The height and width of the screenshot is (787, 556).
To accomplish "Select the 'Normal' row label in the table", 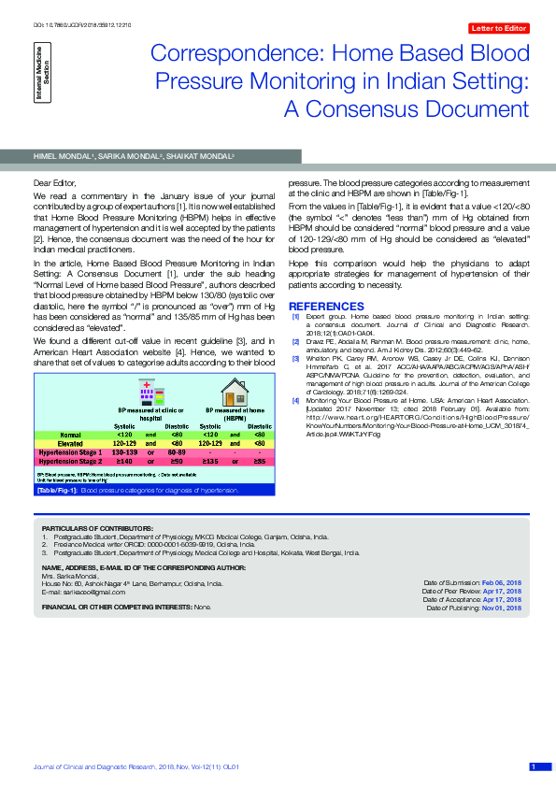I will [x=71, y=435].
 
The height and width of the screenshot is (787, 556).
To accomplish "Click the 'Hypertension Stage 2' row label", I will [x=71, y=461].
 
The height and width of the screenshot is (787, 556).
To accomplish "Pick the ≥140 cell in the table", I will [x=123, y=461].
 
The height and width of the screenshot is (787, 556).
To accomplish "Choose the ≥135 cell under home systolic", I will [x=210, y=461].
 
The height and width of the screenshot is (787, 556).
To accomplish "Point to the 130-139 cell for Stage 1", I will [x=123, y=452].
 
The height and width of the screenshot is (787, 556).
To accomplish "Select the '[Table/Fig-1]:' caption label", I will [x=57, y=489].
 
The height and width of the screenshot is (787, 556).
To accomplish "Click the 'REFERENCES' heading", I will [x=321, y=307].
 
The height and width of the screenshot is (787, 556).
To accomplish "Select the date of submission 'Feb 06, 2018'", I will [x=502, y=581].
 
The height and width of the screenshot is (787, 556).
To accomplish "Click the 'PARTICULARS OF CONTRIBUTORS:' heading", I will [x=90, y=528].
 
